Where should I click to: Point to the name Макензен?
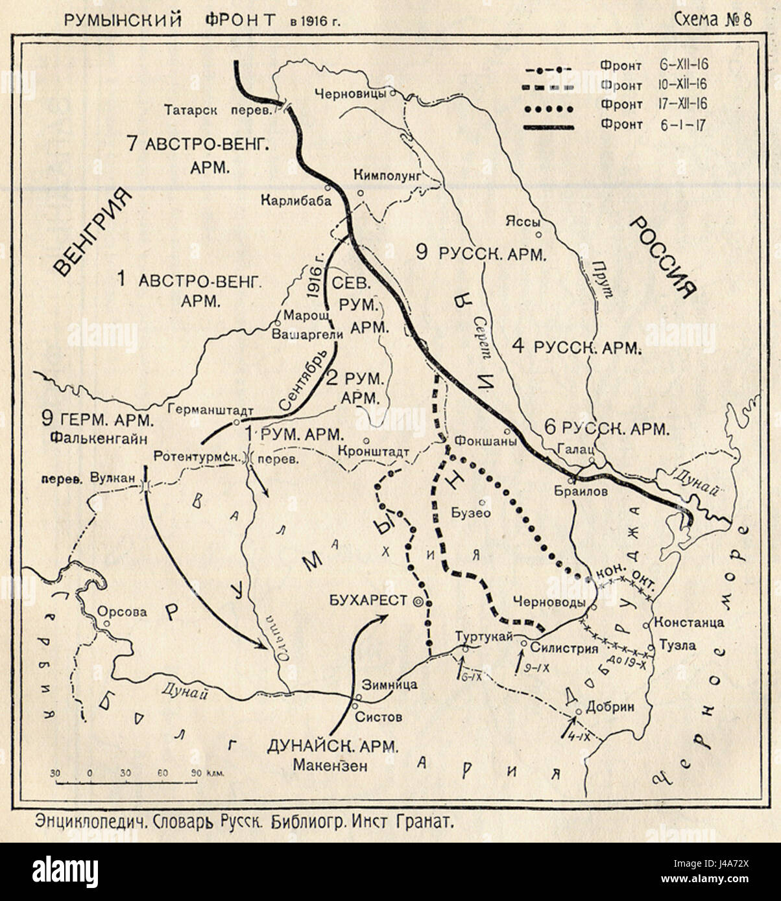[x=331, y=765]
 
